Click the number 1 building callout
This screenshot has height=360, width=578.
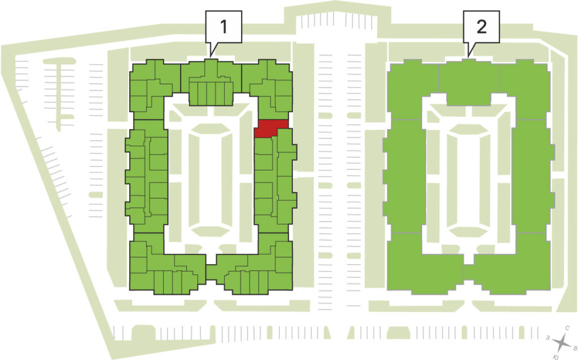(224, 27)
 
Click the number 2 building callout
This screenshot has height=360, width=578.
(481, 27)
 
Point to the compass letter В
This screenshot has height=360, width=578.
(574, 348)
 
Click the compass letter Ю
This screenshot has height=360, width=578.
(555, 357)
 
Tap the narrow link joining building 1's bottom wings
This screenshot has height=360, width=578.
(211, 273)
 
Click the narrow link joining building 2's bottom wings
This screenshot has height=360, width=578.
(468, 273)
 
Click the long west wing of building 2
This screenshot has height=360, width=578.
(404, 176)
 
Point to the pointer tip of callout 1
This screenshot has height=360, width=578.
(211, 57)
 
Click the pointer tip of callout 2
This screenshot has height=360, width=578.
(468, 57)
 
